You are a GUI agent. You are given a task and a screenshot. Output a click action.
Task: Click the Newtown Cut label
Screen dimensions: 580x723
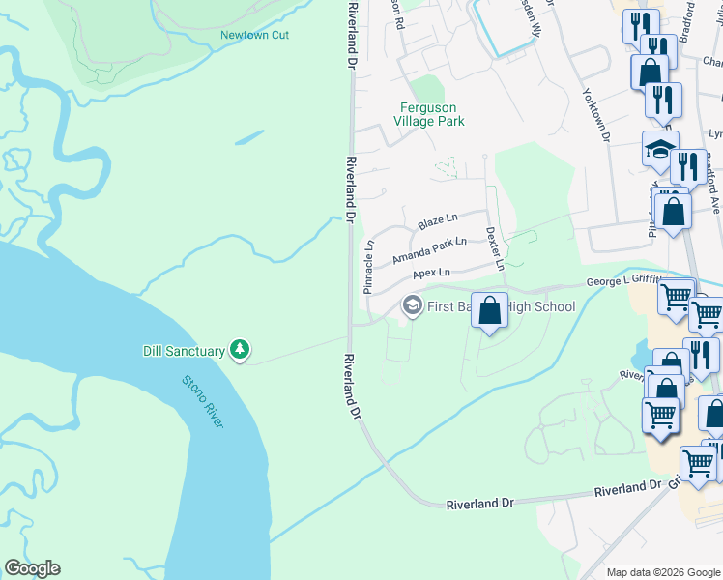(254, 36)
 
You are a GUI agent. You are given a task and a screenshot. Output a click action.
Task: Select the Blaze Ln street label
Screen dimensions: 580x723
(438, 222)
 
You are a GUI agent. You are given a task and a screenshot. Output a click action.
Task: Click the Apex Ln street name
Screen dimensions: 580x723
(431, 274)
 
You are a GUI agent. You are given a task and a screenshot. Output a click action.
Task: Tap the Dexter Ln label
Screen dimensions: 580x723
(495, 248)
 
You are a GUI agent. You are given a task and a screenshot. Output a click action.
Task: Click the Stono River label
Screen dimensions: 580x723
(203, 398)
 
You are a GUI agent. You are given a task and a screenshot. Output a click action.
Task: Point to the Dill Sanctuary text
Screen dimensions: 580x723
(184, 351)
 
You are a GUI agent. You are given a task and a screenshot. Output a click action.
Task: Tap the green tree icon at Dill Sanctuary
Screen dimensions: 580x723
(239, 350)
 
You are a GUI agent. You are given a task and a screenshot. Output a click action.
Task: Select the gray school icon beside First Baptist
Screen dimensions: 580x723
(411, 306)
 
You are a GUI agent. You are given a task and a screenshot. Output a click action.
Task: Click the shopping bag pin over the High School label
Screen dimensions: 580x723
(490, 311)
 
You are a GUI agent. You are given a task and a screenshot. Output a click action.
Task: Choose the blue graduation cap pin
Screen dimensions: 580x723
(660, 150)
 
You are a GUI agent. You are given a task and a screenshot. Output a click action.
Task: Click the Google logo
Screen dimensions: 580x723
(32, 568)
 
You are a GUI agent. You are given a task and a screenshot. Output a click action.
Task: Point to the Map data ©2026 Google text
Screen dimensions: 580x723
(662, 572)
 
